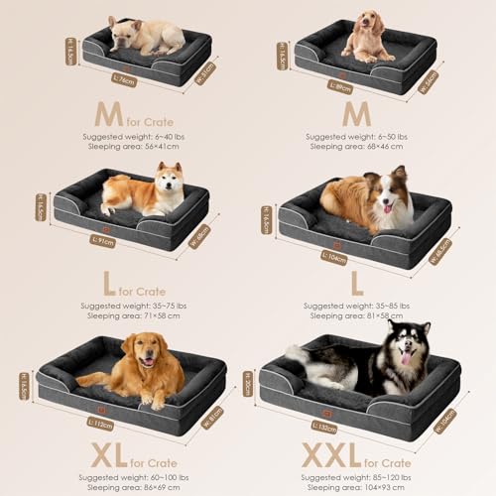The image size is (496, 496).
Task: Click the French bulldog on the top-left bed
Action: pyautogui.click(x=146, y=36)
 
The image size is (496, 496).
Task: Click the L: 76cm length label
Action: pyautogui.click(x=124, y=80)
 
